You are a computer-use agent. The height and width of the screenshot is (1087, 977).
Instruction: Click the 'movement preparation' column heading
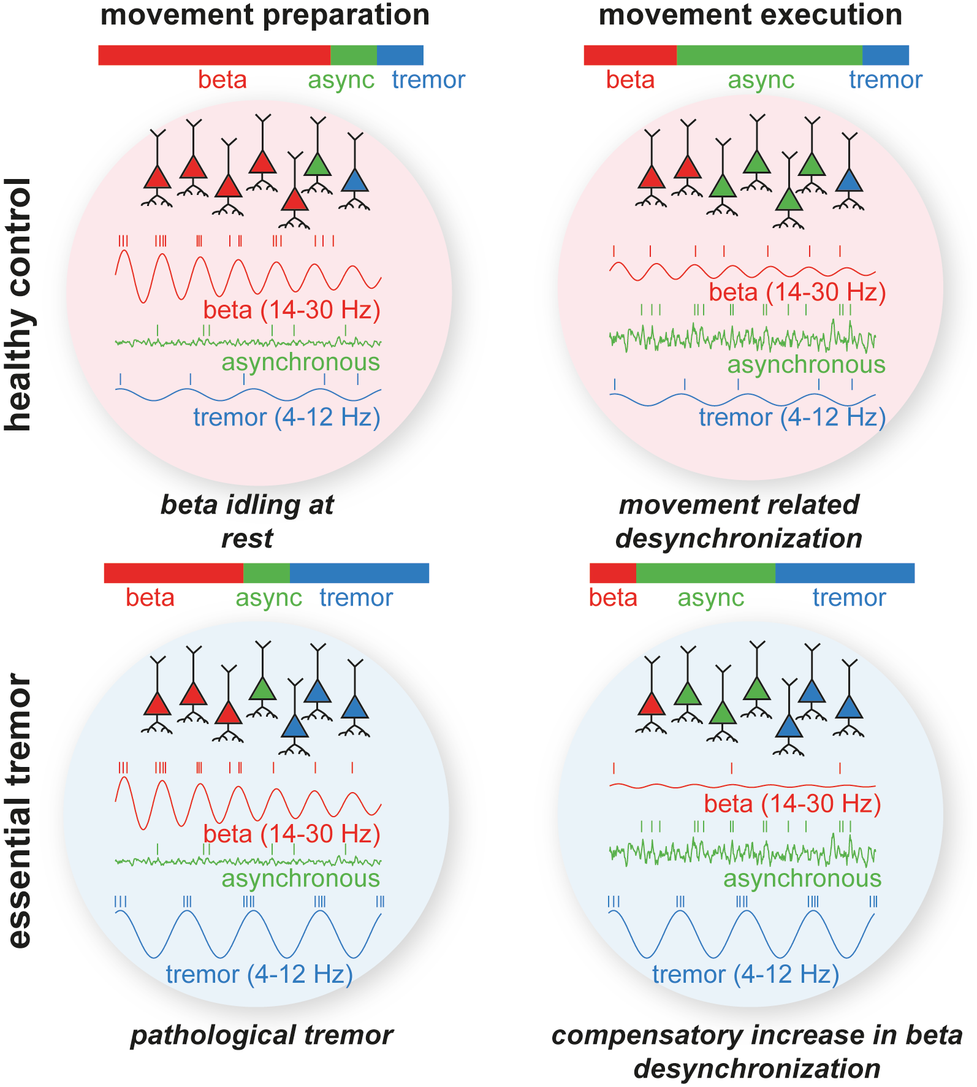tap(265, 15)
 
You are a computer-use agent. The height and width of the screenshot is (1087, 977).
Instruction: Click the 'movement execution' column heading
tap(750, 15)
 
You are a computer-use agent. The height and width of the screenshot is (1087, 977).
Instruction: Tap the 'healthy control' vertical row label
tap(18, 305)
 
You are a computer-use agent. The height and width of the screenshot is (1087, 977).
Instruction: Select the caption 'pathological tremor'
tap(262, 1035)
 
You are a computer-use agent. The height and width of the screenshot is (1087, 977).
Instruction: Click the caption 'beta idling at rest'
tap(247, 521)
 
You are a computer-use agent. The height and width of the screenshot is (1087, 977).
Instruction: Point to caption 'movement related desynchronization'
tap(739, 521)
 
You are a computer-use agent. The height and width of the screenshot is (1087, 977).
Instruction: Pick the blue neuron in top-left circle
tap(354, 181)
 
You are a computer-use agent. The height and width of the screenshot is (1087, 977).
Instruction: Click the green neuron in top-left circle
tap(317, 165)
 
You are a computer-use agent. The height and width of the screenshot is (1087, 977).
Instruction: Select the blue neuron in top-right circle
tap(849, 181)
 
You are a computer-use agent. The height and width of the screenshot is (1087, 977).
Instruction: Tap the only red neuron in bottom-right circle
tap(651, 705)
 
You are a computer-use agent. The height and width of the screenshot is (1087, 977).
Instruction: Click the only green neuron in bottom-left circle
tap(263, 690)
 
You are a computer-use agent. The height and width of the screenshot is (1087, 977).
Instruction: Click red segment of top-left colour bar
tap(214, 55)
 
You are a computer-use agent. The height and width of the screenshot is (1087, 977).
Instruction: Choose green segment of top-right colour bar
tap(769, 55)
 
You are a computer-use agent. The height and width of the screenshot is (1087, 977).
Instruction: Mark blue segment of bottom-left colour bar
tap(359, 573)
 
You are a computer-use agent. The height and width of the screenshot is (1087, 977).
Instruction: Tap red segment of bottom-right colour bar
tap(612, 573)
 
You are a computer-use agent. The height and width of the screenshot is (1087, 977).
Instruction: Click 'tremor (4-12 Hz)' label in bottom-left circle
tap(259, 974)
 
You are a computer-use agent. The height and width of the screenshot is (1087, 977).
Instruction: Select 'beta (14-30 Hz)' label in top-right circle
tap(797, 292)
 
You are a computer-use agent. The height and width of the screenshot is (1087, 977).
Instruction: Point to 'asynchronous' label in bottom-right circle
tap(802, 878)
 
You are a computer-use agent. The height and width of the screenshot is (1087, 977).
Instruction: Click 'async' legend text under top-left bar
tap(341, 80)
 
